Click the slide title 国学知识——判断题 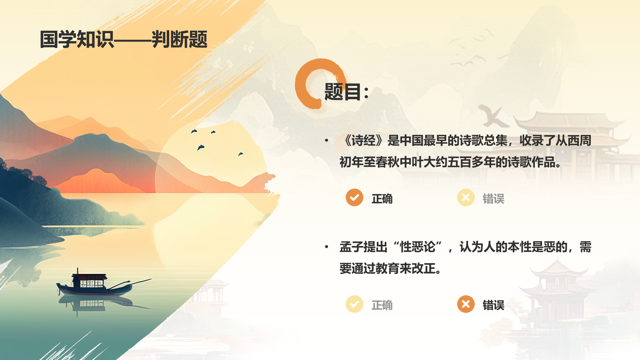124,40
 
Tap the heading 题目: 346,92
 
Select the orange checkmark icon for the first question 354,198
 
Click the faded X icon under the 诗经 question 466,198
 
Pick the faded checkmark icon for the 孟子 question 354,304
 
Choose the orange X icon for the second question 466,304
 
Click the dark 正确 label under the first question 382,199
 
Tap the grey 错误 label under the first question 493,199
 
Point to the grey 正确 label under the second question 382,305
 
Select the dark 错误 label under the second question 493,305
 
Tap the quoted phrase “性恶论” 417,247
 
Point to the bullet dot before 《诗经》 327,140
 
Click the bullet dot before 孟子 327,247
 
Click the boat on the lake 96,284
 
